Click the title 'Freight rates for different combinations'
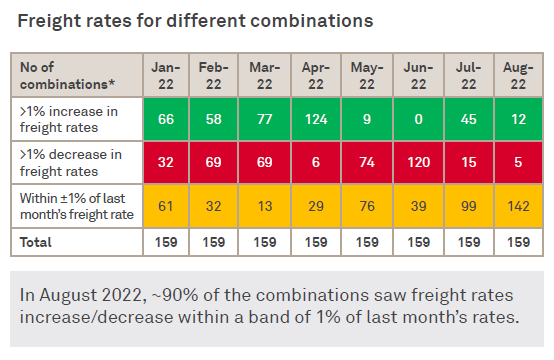(x=196, y=19)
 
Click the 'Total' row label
(x=40, y=242)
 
